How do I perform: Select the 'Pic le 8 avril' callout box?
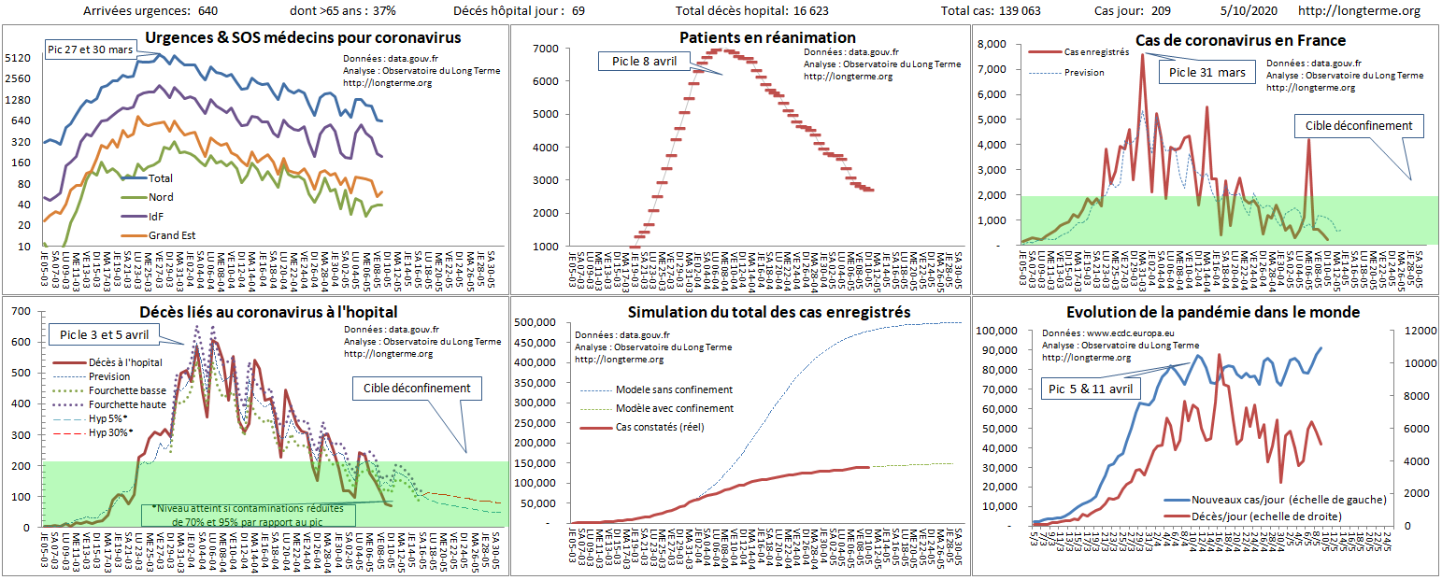(644, 61)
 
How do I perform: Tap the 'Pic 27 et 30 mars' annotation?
(91, 48)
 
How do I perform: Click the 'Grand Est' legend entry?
(171, 235)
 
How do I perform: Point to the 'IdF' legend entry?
(157, 216)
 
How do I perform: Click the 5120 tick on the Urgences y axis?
(19, 58)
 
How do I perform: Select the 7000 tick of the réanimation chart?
(545, 48)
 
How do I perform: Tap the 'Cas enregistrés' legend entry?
(1096, 52)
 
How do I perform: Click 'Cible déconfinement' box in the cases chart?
(1358, 126)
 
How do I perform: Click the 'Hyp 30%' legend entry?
(110, 432)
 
